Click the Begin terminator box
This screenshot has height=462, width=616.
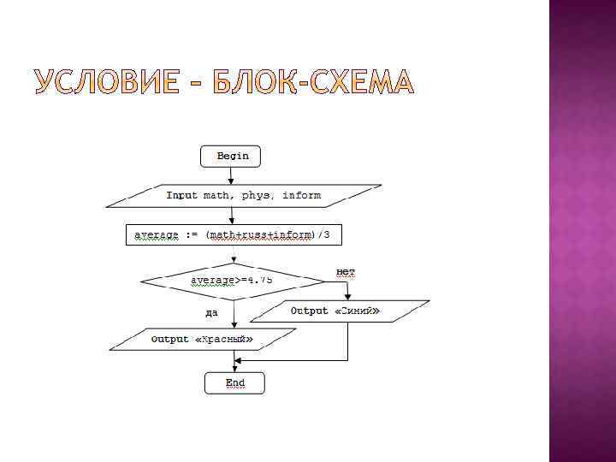point(231,156)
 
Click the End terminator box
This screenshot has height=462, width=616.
point(234,382)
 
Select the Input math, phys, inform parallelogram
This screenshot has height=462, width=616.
point(243,196)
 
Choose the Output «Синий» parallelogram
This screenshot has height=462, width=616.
point(345,311)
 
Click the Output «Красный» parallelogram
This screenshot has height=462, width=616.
point(201,339)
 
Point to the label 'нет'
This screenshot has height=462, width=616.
point(346,272)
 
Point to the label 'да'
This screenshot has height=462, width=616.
point(211,312)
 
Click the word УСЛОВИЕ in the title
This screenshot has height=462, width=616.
point(106,83)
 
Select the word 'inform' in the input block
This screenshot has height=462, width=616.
point(302,196)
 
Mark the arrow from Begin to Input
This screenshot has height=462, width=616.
point(231,175)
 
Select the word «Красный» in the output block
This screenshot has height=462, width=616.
point(224,339)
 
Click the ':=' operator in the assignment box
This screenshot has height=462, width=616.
point(192,234)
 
